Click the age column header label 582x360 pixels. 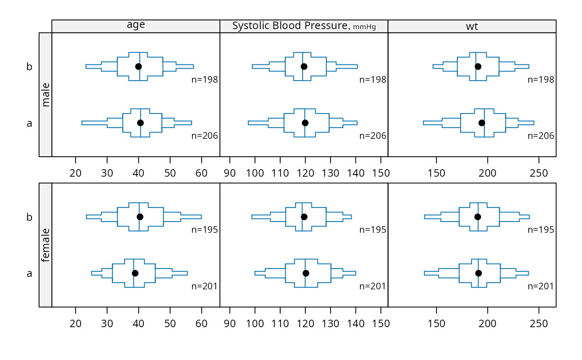click(x=136, y=25)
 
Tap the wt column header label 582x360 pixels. click(x=472, y=27)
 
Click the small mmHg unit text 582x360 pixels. click(x=364, y=27)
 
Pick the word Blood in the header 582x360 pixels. click(x=287, y=26)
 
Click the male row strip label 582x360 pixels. click(x=45, y=95)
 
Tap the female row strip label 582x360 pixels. click(x=45, y=245)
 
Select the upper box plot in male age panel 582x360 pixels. click(x=140, y=67)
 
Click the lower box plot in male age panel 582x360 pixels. click(x=141, y=123)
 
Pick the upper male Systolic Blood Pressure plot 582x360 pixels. click(x=305, y=67)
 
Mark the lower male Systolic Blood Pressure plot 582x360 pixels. click(x=305, y=123)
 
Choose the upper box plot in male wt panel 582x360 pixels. click(x=478, y=67)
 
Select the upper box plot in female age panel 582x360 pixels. click(x=140, y=217)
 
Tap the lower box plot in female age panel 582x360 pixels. click(x=134, y=273)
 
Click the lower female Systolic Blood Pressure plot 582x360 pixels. click(x=306, y=273)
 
